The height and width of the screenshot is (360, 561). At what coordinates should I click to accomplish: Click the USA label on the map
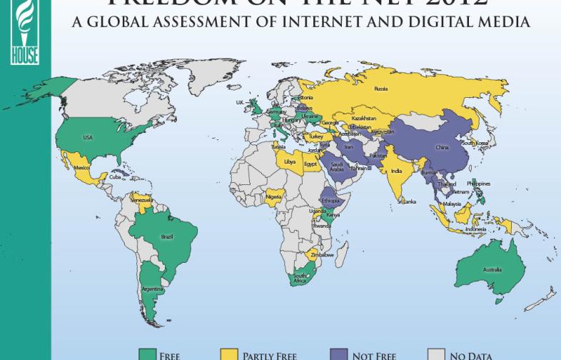(89, 137)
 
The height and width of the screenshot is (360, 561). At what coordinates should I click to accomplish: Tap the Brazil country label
(168, 236)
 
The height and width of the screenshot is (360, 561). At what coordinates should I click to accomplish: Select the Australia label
(492, 269)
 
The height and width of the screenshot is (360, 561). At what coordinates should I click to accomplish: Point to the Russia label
(380, 89)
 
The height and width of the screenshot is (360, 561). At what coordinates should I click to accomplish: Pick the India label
(396, 170)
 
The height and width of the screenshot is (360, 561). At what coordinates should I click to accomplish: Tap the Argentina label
(151, 289)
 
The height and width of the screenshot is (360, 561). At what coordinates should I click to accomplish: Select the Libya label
(290, 161)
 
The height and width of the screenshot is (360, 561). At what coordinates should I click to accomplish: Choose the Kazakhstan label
(364, 118)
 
